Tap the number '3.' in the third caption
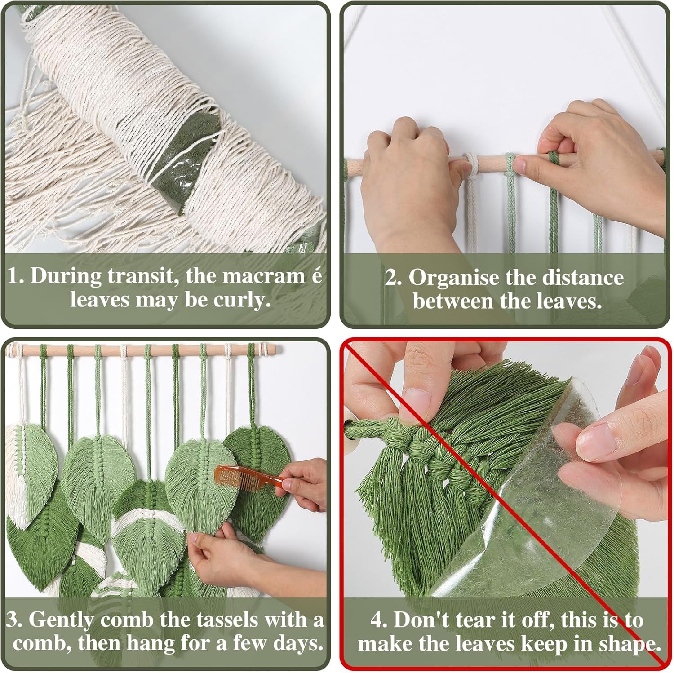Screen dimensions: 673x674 point(16,620)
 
